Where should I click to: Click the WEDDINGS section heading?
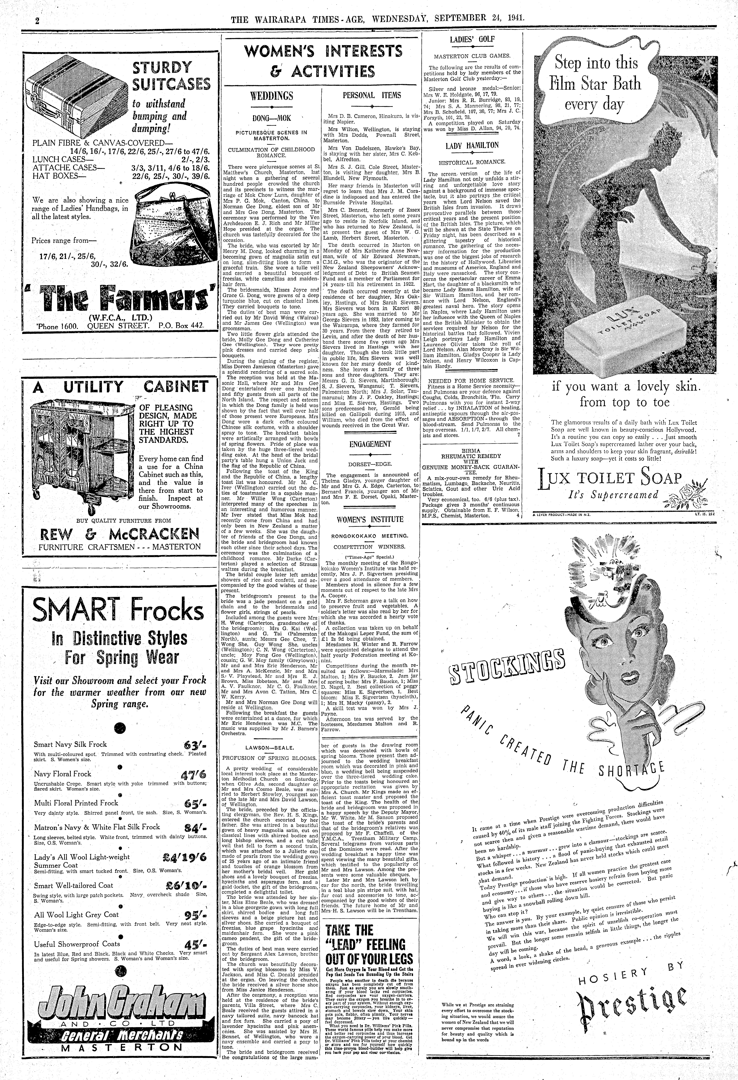tap(272, 96)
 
